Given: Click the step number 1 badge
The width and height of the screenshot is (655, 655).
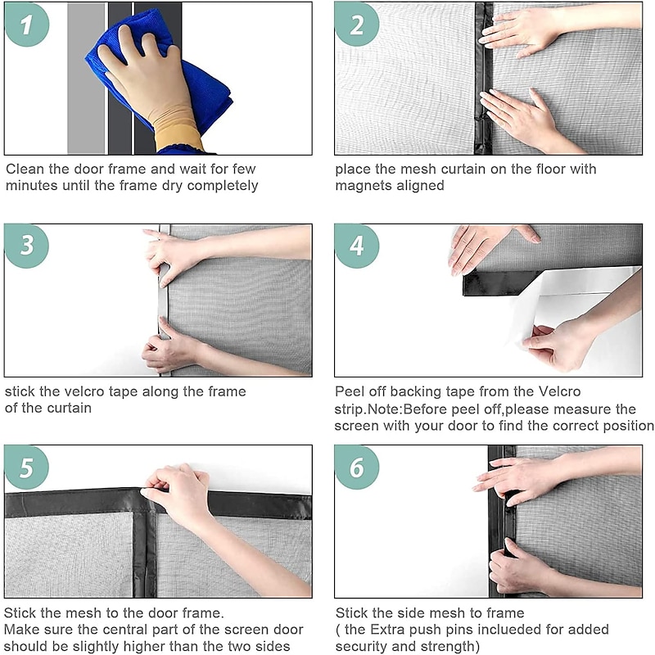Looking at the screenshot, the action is pyautogui.click(x=27, y=25).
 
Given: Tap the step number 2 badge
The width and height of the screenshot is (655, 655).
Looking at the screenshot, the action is pyautogui.click(x=357, y=25).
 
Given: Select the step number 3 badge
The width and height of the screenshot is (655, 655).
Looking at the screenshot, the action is pyautogui.click(x=27, y=246).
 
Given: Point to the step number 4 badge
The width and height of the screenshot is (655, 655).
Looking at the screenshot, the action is pyautogui.click(x=357, y=246).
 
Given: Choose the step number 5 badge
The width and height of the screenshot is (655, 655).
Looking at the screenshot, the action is pyautogui.click(x=27, y=467).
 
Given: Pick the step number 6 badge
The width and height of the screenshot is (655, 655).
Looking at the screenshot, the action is pyautogui.click(x=357, y=467).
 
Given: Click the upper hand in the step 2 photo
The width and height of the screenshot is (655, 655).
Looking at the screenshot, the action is pyautogui.click(x=522, y=30).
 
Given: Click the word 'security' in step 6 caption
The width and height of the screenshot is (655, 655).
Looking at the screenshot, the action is pyautogui.click(x=361, y=646).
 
